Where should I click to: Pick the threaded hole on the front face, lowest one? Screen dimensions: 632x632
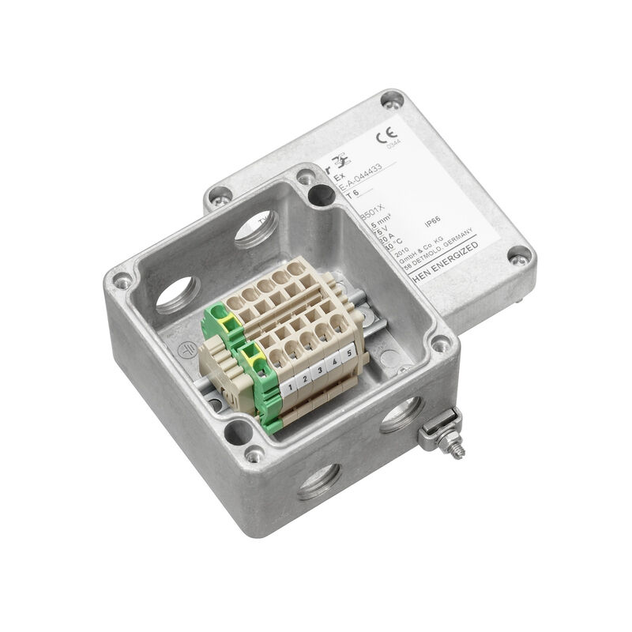tap(319, 481)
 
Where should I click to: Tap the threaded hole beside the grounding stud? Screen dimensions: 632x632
tap(399, 414)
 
